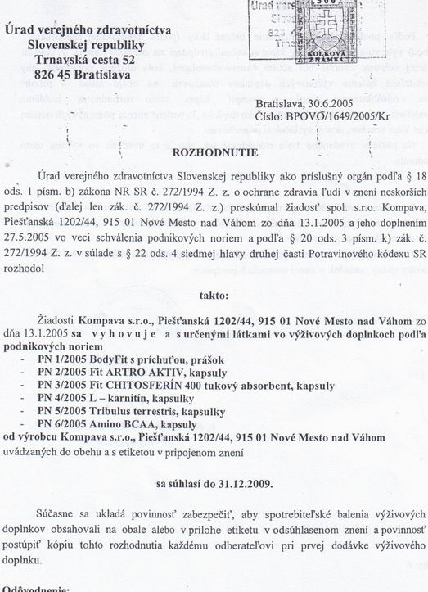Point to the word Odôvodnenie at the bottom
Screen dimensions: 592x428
[42, 586]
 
